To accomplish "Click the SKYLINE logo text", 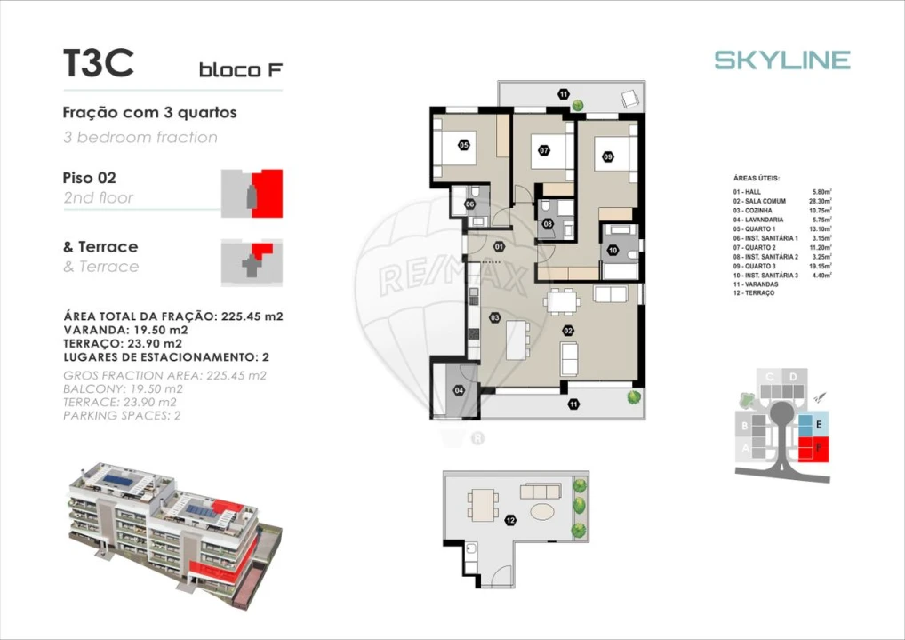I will coord(782,60).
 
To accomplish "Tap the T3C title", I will coord(98,63).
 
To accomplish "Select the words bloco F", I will coord(241,69).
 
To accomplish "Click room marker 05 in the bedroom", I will coord(464,145).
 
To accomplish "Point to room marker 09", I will coord(607,156).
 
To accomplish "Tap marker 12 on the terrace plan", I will coord(509,520).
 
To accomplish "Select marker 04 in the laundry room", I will coord(460,389).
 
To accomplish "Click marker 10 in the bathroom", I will coord(613,251).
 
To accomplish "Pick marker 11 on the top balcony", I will coord(563,93).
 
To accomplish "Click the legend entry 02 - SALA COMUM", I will coord(759,201).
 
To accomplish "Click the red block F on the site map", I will coord(813,449).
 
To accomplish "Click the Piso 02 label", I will coord(89,178).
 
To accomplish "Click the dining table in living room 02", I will coord(561,301).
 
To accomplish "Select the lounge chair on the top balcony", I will coord(631,99).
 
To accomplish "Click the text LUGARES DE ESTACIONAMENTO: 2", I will coord(166,356).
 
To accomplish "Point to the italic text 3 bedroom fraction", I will coord(140,137).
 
